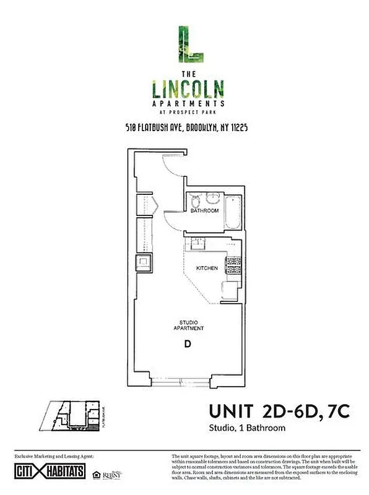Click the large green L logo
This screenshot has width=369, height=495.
[x=189, y=45]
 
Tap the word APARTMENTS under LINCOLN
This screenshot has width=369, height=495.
[x=189, y=103]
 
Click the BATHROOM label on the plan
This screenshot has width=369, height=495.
[x=204, y=211]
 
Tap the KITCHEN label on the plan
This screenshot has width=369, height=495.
[x=206, y=269]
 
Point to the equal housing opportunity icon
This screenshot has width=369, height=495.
[x=96, y=475]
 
